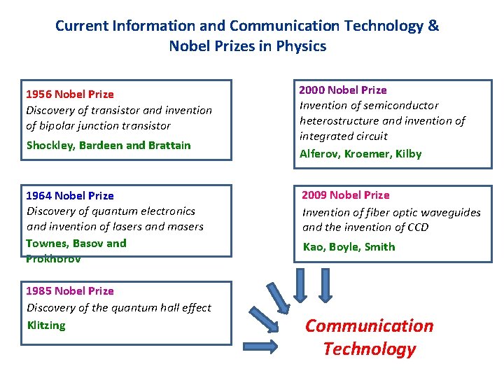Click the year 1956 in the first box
[38, 94]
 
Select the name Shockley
[50, 146]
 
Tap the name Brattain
[169, 146]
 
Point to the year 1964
[39, 195]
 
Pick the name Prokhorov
[53, 258]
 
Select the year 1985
[39, 290]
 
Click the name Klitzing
[46, 325]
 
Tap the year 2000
[312, 90]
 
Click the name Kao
[313, 246]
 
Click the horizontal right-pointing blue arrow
[262, 344]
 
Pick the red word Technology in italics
[370, 349]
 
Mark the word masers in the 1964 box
[184, 226]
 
